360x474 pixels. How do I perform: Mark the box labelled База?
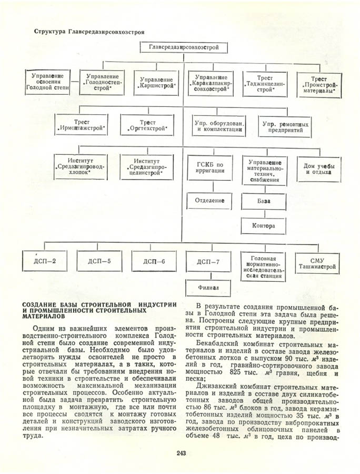[264, 201]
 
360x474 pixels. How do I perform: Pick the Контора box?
[264, 226]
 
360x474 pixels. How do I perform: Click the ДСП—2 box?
[45, 261]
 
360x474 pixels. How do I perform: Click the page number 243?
[182, 453]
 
